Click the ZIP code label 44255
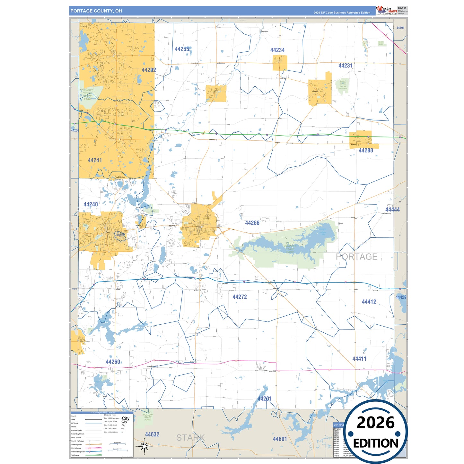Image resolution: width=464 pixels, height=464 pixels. coord(182,49)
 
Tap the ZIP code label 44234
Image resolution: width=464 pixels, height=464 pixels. coord(277,50)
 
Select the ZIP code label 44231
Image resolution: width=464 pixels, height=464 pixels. coord(345,66)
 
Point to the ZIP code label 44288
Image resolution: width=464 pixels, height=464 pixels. coord(366,150)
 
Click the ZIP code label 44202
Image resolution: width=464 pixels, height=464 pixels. coord(149,70)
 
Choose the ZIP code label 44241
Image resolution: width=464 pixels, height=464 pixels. coord(95,160)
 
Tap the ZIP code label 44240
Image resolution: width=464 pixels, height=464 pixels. coord(91,205)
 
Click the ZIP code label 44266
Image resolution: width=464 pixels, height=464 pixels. coord(252,223)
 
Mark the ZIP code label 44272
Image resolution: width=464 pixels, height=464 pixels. coord(240,297)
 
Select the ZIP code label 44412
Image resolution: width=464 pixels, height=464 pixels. coord(369,302)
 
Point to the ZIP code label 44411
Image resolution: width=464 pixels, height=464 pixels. coord(359,359)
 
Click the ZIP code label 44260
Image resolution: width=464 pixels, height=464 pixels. coord(113,362)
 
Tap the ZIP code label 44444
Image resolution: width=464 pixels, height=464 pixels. coord(392,210)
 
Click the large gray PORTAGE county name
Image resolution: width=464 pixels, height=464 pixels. coord(356,257)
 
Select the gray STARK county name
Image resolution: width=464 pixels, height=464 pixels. coord(190,438)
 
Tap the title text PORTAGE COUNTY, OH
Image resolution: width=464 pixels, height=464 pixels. coord(96,11)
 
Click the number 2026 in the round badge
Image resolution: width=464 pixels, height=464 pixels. coord(375,423)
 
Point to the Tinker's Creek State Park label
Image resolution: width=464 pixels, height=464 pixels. coord(87,95)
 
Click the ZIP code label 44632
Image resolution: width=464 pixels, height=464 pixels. coord(152,434)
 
